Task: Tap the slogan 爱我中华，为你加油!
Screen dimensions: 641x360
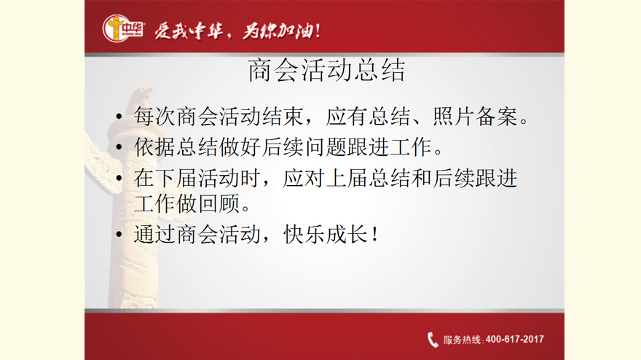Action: coord(237,31)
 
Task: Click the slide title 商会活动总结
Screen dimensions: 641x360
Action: coord(326,71)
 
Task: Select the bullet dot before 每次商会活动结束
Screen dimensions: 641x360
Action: coord(119,117)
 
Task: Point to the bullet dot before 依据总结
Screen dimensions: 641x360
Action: coord(119,147)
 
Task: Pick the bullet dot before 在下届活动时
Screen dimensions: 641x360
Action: coord(119,178)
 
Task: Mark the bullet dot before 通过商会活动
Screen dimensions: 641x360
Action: coord(119,235)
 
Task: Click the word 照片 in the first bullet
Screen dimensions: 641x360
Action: coord(453,117)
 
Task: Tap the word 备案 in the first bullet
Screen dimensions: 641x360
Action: coord(496,117)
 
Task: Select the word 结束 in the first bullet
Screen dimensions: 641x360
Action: coord(283,117)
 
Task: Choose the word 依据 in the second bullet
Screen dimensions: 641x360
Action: coord(154,147)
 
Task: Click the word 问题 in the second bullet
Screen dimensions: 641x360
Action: coord(326,147)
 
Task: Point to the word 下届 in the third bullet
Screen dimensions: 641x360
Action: coord(176,178)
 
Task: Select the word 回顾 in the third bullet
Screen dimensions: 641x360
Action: coord(219,203)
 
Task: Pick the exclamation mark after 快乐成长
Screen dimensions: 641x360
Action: coord(375,235)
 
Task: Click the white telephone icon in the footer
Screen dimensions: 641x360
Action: coord(433,340)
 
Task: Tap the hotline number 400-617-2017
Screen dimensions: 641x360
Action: coord(515,339)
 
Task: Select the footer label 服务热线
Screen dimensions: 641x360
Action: coord(462,340)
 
